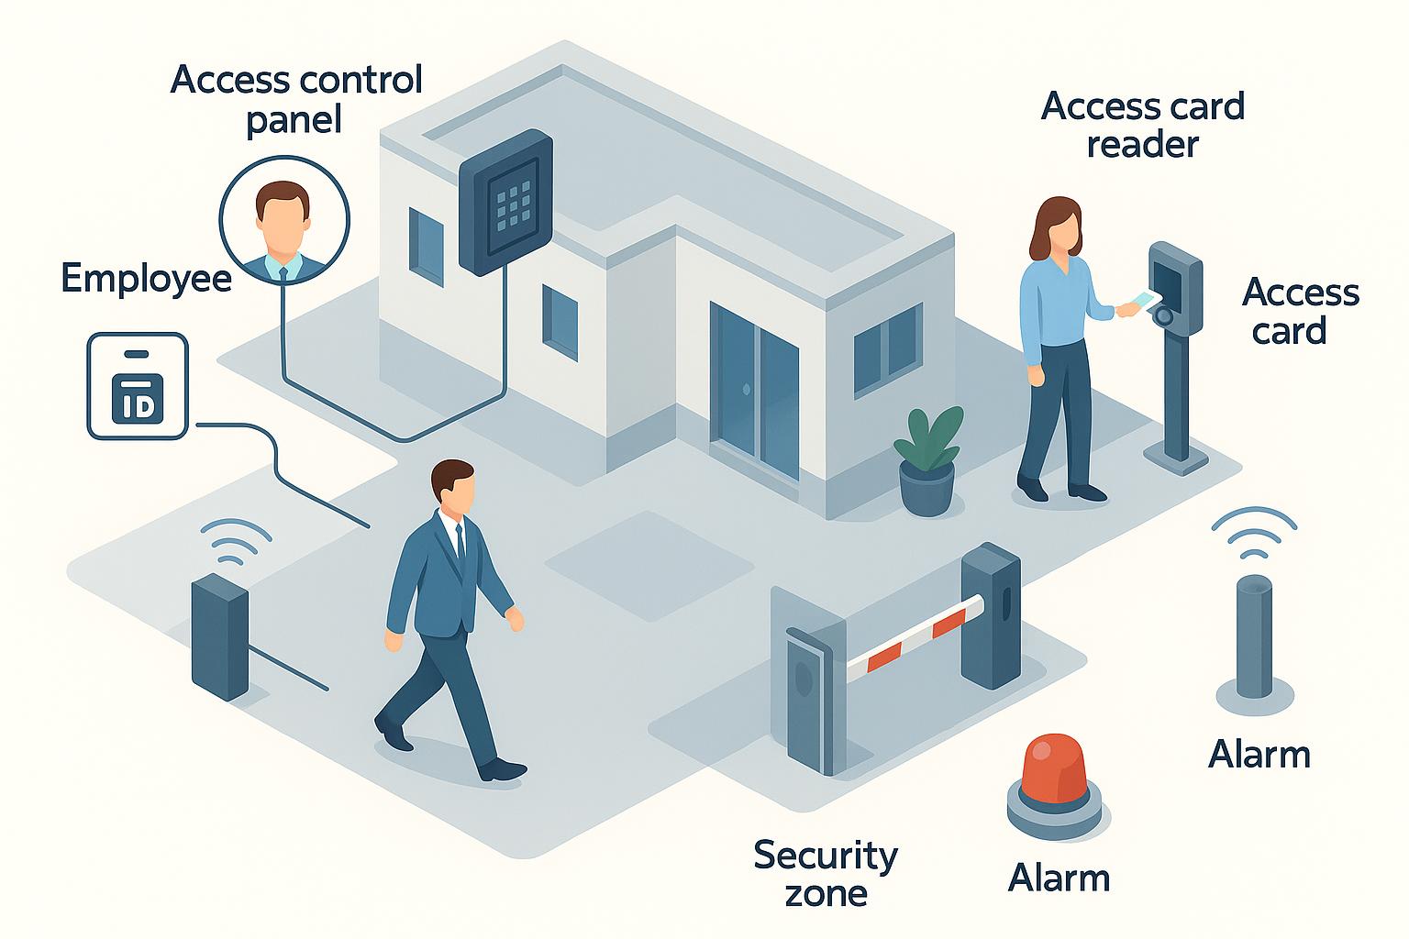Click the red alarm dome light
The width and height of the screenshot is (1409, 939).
(1054, 769)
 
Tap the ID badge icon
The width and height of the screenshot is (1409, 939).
(138, 386)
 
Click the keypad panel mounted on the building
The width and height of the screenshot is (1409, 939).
(506, 202)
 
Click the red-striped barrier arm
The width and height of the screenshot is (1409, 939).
(915, 635)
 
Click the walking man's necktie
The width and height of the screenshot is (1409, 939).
(460, 545)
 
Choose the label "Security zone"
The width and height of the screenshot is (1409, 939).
(826, 873)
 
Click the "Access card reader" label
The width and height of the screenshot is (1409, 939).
(1143, 125)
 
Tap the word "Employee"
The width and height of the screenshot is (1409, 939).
(146, 279)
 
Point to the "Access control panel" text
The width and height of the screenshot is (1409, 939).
(295, 99)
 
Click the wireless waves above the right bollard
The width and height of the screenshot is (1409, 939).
(1253, 533)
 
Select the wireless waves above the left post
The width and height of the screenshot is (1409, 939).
(235, 541)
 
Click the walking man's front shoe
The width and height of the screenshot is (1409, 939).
(503, 768)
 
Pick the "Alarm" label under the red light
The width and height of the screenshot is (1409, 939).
(1059, 878)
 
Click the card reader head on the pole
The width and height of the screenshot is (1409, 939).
(1175, 287)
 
